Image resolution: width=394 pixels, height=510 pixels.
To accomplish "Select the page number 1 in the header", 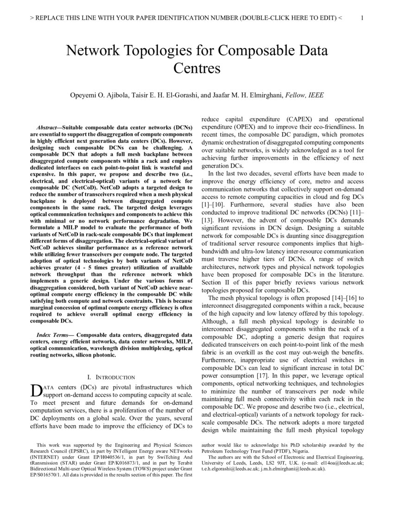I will point(362,18).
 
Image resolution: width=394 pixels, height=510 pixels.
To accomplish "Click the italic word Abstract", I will point(47,127).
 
